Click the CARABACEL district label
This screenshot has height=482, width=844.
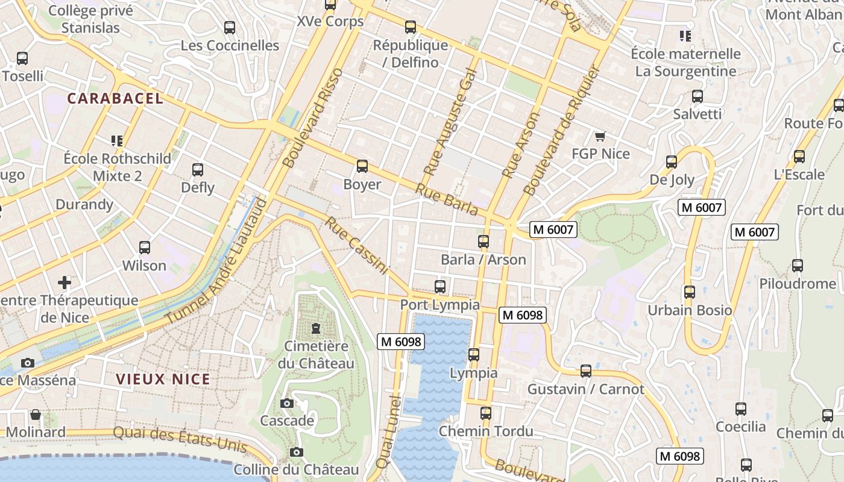(x=115, y=98)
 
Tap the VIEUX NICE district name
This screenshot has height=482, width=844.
(x=163, y=379)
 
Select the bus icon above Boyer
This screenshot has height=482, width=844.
(x=362, y=166)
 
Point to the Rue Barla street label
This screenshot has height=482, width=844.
(x=447, y=199)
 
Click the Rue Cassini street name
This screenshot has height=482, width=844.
(x=357, y=246)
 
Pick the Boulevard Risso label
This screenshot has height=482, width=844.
(x=312, y=118)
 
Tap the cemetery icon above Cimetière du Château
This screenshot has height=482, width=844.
(x=315, y=328)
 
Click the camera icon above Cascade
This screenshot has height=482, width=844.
(x=287, y=403)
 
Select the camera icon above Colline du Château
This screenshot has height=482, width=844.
(x=296, y=452)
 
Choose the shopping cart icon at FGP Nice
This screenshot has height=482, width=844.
(x=600, y=136)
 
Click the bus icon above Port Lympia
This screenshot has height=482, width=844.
(x=440, y=286)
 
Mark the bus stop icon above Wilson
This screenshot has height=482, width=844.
(x=145, y=247)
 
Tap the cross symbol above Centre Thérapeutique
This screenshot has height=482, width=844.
(x=65, y=282)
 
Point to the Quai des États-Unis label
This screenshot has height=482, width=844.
(x=180, y=439)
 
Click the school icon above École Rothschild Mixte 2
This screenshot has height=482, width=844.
(x=117, y=141)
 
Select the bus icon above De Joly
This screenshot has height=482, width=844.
(x=672, y=161)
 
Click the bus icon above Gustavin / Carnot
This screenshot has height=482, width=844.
(x=586, y=371)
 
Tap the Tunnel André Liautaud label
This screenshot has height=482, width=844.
(x=216, y=260)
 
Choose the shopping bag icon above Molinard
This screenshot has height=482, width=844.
(x=36, y=415)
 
